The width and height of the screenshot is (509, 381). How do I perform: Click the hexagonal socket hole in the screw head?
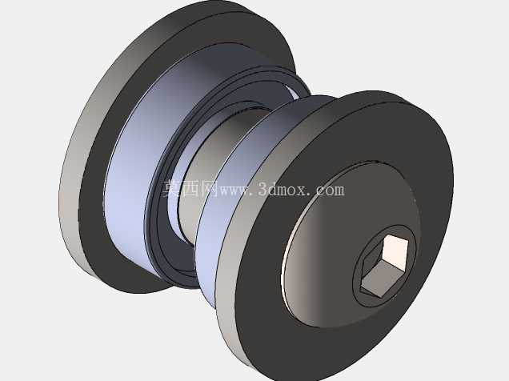coord(384,266)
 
